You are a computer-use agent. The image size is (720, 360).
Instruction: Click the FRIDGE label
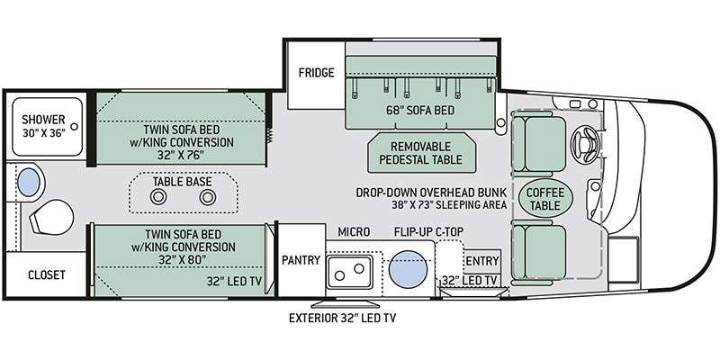pos(317,73)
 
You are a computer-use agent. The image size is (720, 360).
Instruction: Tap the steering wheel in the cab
pos(584,145)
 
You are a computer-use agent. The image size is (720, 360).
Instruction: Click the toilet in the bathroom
pos(51,217)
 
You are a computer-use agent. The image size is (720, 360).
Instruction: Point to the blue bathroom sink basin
pos(29,182)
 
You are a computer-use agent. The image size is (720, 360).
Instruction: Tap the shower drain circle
pos(74,126)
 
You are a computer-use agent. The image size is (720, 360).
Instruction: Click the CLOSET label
pos(47,275)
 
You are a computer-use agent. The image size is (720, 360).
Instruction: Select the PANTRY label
pos(301,260)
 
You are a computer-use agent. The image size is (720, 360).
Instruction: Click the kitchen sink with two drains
pos(349,272)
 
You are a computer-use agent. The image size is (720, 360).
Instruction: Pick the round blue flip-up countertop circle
pos(409,269)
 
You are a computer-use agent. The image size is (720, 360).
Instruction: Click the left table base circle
pos(158,197)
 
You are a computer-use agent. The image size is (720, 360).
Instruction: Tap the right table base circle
pos(208,197)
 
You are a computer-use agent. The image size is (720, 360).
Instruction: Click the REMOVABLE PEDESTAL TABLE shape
pos(422,153)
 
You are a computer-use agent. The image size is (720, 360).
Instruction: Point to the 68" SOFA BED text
pos(420,110)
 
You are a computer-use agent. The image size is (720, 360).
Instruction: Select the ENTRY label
pos(482,261)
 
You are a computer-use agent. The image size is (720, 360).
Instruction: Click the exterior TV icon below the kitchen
pos(346,304)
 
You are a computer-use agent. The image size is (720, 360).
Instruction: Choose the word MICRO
pos(354,232)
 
